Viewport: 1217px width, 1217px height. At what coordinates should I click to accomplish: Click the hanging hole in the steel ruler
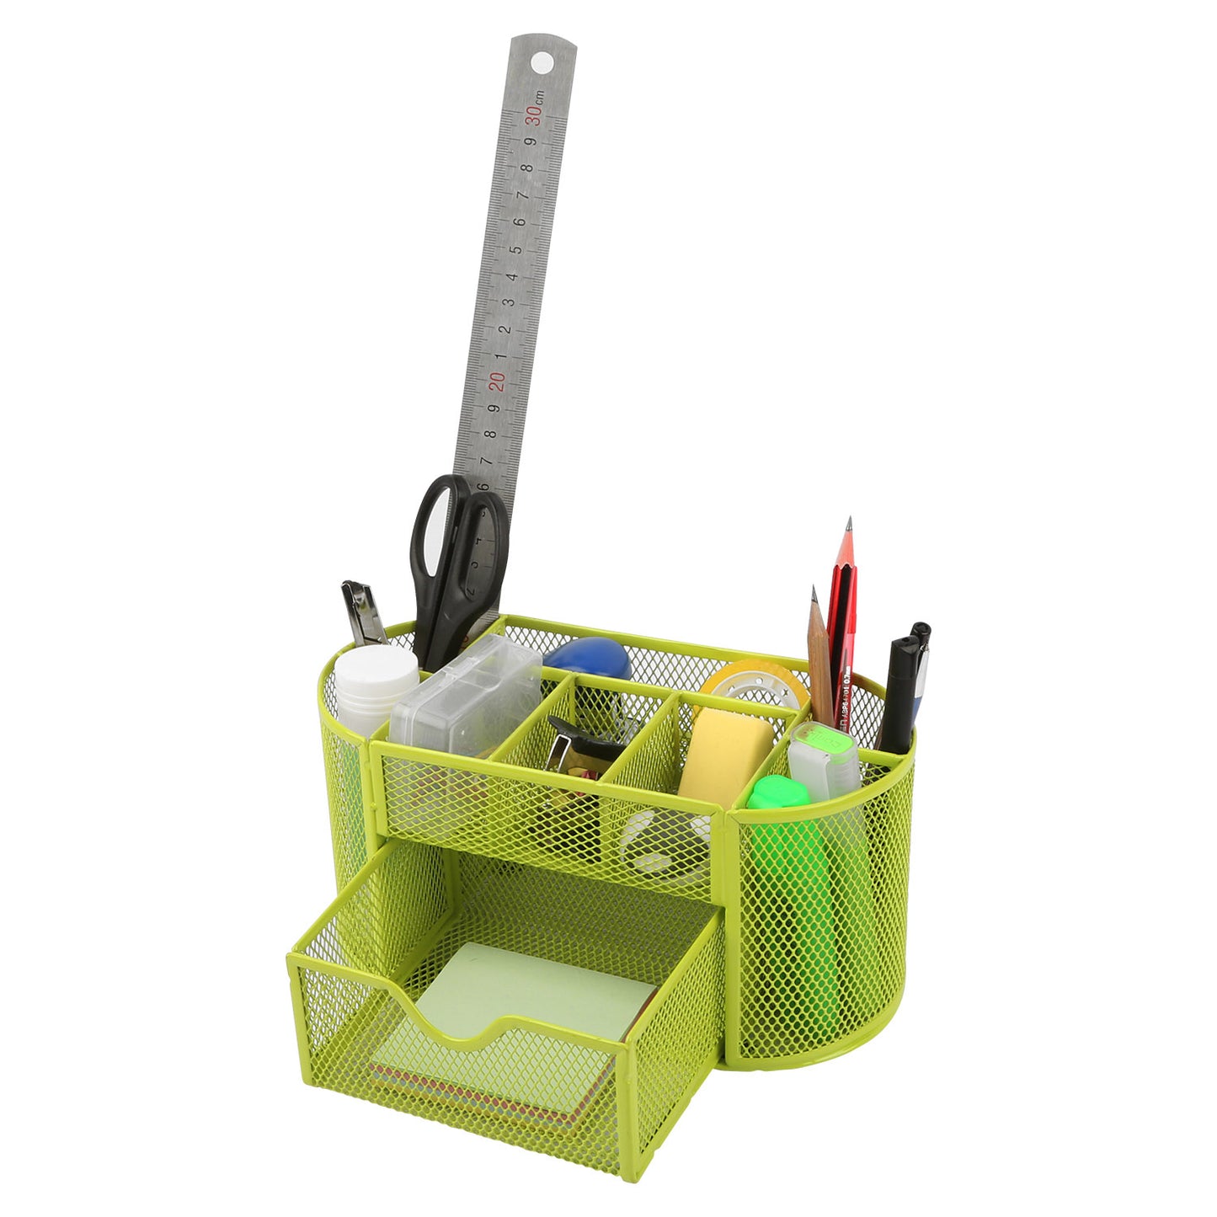[x=542, y=61]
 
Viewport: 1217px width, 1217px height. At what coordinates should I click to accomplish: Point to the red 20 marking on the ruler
[x=499, y=381]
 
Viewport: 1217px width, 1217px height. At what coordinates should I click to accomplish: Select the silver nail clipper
[x=363, y=612]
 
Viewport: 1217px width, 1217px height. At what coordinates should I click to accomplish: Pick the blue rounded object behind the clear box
[x=589, y=658]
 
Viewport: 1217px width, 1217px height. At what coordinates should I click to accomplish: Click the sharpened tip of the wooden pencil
[x=814, y=594]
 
